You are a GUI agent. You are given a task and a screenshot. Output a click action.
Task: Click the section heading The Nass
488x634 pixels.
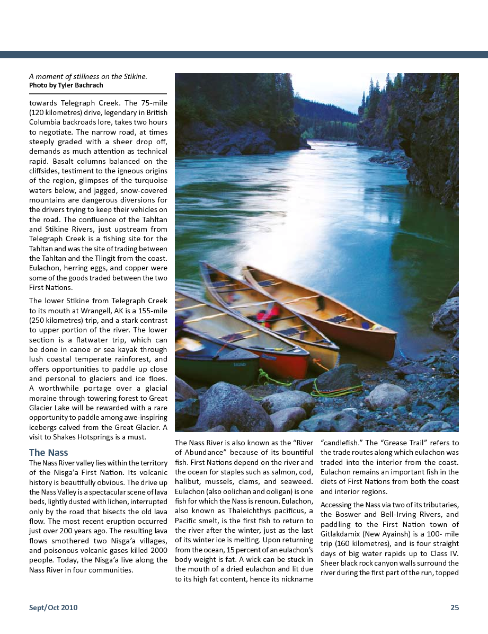point(48,453)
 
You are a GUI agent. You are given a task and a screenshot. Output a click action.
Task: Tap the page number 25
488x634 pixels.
point(455,607)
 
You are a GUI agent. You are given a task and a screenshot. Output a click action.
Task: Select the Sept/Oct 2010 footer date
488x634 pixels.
point(53,607)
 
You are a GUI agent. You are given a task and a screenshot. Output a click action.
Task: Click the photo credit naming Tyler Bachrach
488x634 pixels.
point(66,85)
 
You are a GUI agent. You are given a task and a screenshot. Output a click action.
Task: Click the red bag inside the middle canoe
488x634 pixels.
point(268,314)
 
